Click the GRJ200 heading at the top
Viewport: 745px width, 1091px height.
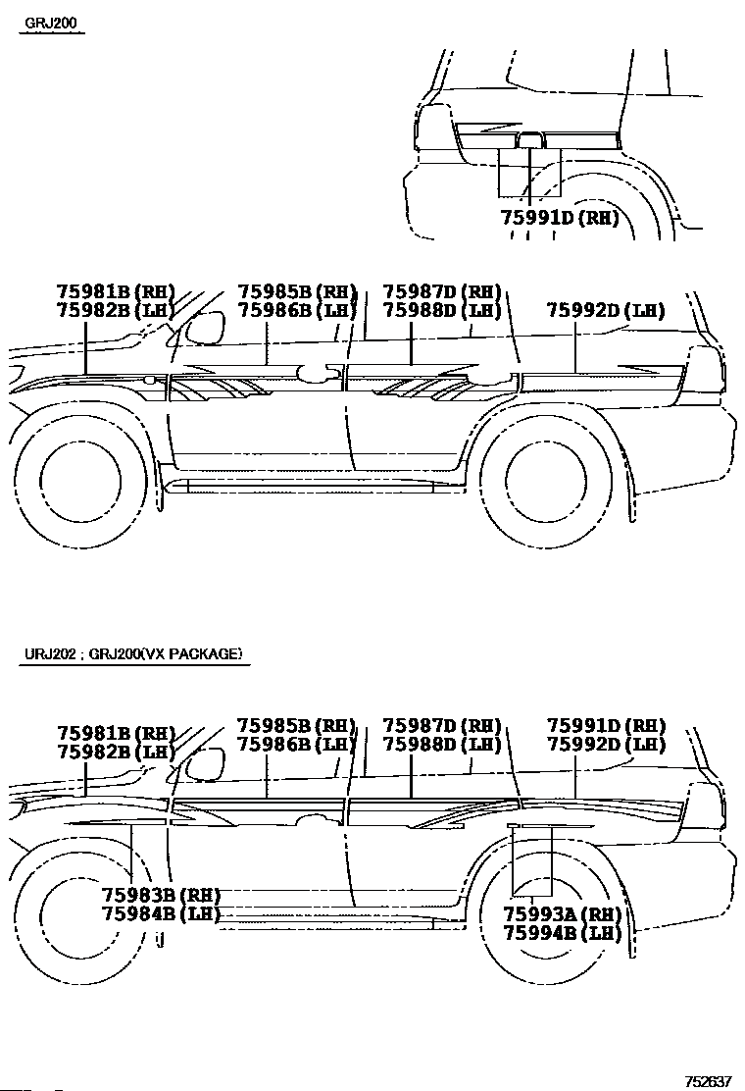[51, 23]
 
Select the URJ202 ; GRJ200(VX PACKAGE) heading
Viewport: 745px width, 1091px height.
[133, 654]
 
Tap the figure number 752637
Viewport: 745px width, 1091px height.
[708, 1081]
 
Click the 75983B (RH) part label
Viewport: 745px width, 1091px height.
[161, 895]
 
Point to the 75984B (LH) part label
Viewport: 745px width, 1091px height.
[161, 913]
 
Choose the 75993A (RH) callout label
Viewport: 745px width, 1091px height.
[562, 913]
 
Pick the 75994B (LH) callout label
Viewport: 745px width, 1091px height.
[562, 932]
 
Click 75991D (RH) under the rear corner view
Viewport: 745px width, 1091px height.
[560, 218]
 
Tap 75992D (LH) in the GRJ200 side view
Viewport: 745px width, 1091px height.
[606, 310]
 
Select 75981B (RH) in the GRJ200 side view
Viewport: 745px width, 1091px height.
[116, 291]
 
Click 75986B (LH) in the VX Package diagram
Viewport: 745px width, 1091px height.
[297, 745]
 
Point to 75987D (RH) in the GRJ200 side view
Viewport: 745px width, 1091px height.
[442, 291]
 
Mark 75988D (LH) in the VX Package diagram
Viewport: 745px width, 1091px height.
[442, 745]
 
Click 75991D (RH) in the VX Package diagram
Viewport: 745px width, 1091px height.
[606, 726]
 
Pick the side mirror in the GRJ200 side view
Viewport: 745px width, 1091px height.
[204, 329]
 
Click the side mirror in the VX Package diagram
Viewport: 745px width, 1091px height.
[204, 764]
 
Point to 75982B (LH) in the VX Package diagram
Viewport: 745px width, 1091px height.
[116, 752]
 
